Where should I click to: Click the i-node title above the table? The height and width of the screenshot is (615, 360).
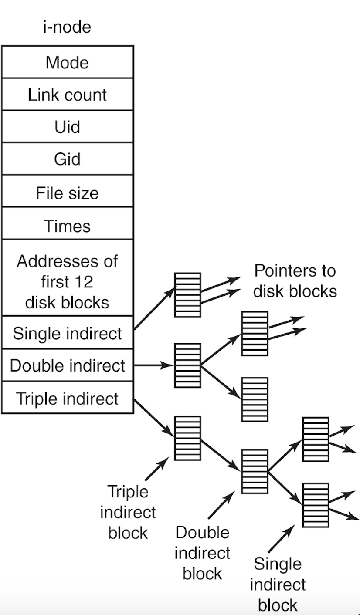pos(68,27)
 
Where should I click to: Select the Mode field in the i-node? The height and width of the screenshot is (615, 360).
pos(68,62)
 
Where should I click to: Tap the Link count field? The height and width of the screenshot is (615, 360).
pos(68,95)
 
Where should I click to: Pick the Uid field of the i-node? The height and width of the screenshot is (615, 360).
pos(68,127)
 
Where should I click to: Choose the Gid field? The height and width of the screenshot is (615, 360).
pos(68,159)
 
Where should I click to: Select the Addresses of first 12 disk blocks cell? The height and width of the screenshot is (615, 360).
pos(68,281)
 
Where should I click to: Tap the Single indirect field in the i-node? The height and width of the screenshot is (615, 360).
pos(68,333)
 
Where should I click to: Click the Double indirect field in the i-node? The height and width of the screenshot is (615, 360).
pos(68,365)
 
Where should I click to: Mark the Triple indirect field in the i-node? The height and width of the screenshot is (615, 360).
pos(68,398)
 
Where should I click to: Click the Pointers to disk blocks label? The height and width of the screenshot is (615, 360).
pos(295,281)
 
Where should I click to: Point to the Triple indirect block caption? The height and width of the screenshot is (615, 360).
pos(128,512)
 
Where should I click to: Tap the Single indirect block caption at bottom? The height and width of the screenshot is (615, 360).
pos(278,584)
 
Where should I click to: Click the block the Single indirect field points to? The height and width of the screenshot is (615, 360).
pos(188,294)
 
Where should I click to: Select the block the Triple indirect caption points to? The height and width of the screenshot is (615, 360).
pos(188,438)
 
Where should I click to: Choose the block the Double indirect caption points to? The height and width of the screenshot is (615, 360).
pos(255,471)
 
